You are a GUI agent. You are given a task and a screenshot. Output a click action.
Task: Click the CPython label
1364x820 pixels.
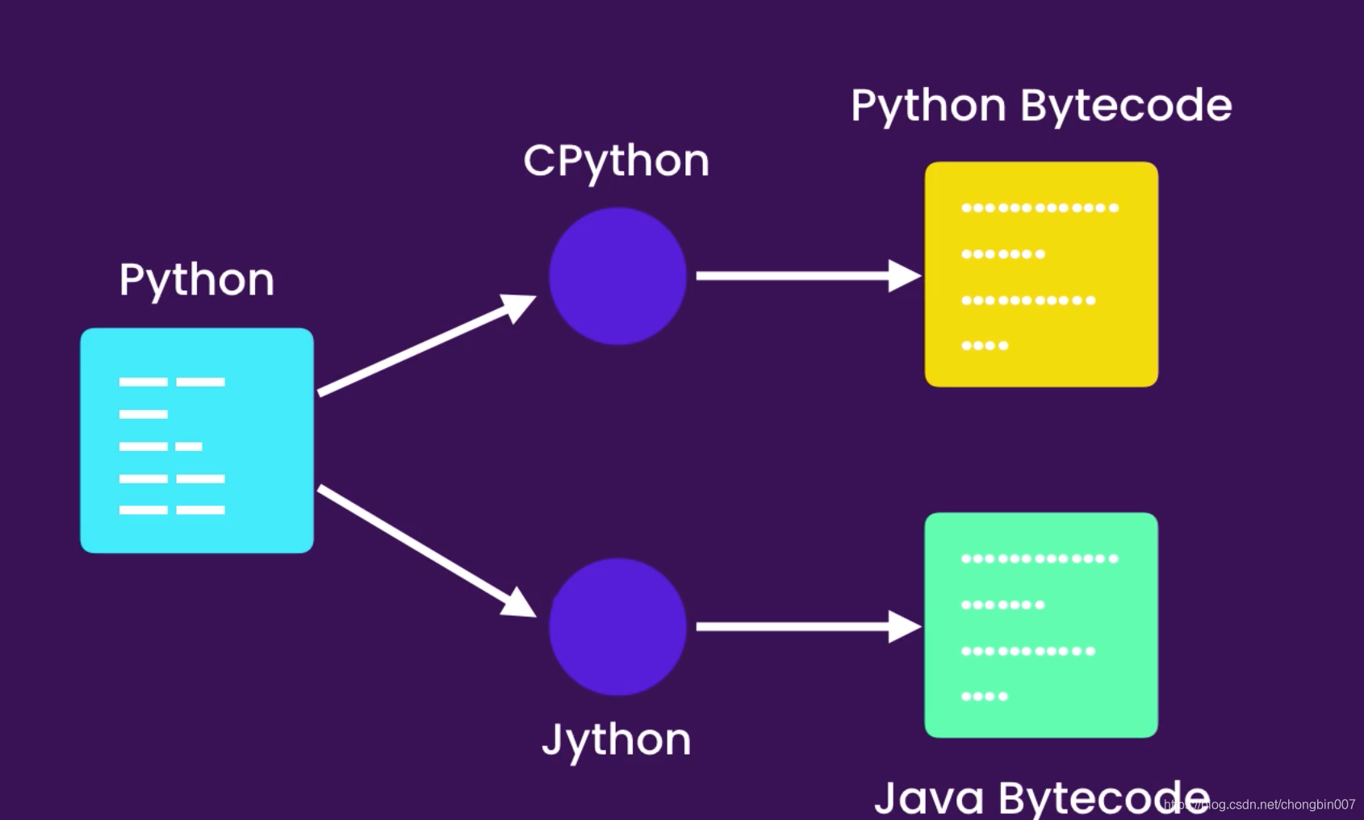[x=616, y=161]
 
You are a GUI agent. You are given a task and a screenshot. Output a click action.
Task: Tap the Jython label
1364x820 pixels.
[x=616, y=739]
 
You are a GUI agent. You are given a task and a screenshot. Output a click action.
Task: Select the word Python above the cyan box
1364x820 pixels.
[x=197, y=280]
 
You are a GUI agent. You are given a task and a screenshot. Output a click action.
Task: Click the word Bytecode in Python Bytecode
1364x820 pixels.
[x=1126, y=106]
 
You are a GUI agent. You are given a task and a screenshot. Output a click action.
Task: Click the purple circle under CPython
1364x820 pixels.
[x=617, y=276]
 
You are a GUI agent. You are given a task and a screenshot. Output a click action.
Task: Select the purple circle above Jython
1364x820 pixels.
[x=617, y=627]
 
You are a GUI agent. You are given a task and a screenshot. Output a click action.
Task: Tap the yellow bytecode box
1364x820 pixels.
[x=1041, y=274]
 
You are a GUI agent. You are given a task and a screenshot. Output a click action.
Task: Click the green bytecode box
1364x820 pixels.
[x=1041, y=625]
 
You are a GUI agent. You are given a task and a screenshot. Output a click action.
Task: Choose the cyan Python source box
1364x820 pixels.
[x=197, y=441]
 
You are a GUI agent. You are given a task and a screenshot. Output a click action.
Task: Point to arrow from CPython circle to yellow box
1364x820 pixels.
[x=807, y=276]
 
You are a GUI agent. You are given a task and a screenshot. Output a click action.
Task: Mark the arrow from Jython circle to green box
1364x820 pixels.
[x=807, y=626]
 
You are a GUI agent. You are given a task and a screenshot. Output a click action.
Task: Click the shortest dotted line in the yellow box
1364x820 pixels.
[x=985, y=345]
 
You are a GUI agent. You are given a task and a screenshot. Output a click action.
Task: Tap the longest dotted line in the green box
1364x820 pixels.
[x=1040, y=559]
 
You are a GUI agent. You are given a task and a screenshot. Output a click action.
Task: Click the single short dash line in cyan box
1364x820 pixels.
[x=144, y=414]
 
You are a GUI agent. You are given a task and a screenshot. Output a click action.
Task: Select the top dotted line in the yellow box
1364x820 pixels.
[x=1040, y=207]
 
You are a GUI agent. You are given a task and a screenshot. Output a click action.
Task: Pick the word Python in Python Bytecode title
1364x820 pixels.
[x=928, y=106]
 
